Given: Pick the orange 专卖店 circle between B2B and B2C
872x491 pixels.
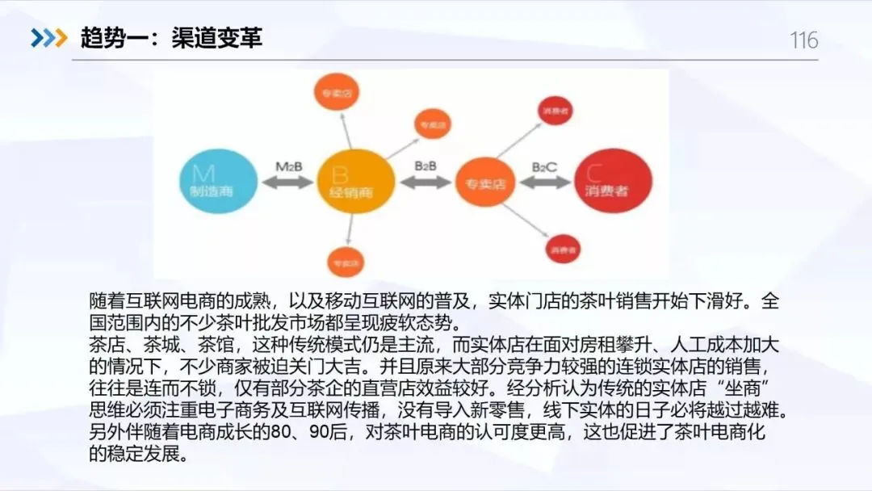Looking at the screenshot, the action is tap(485, 184).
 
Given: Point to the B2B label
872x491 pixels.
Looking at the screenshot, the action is tap(426, 166).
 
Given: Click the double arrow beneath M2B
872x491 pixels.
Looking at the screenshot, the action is tap(288, 183).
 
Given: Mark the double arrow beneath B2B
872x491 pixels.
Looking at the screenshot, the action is tap(426, 183).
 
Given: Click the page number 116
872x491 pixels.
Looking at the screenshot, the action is tap(803, 40).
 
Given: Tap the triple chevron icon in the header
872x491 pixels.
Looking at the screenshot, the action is tap(48, 37).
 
